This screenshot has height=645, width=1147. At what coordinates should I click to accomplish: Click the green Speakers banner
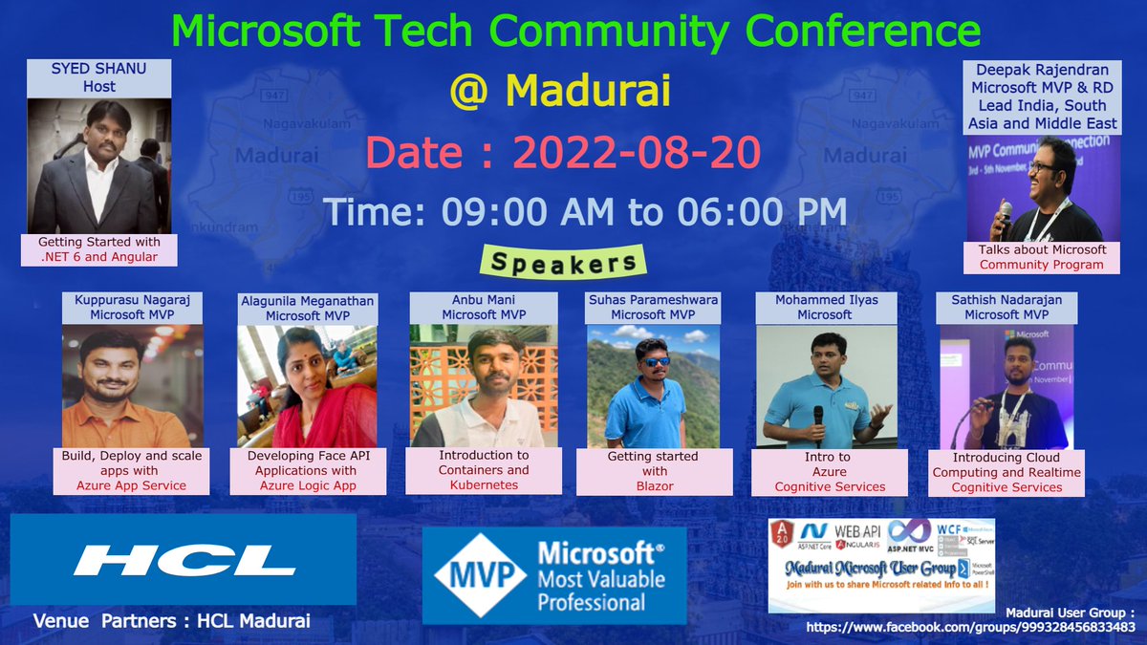[563, 261]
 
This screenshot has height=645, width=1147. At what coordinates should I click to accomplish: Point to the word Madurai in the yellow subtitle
[587, 92]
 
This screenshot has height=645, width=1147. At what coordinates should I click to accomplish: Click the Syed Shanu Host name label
[98, 77]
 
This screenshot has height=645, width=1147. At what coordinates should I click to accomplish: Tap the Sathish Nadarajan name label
[1004, 307]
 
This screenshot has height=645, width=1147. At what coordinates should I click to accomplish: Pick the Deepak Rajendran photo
[1043, 187]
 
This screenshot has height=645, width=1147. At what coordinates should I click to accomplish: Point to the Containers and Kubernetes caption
[484, 470]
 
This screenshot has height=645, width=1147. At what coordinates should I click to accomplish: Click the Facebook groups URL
[971, 627]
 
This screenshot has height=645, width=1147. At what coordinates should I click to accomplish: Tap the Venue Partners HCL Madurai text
[172, 621]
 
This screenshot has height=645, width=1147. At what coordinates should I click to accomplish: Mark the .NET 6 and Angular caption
[98, 249]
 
